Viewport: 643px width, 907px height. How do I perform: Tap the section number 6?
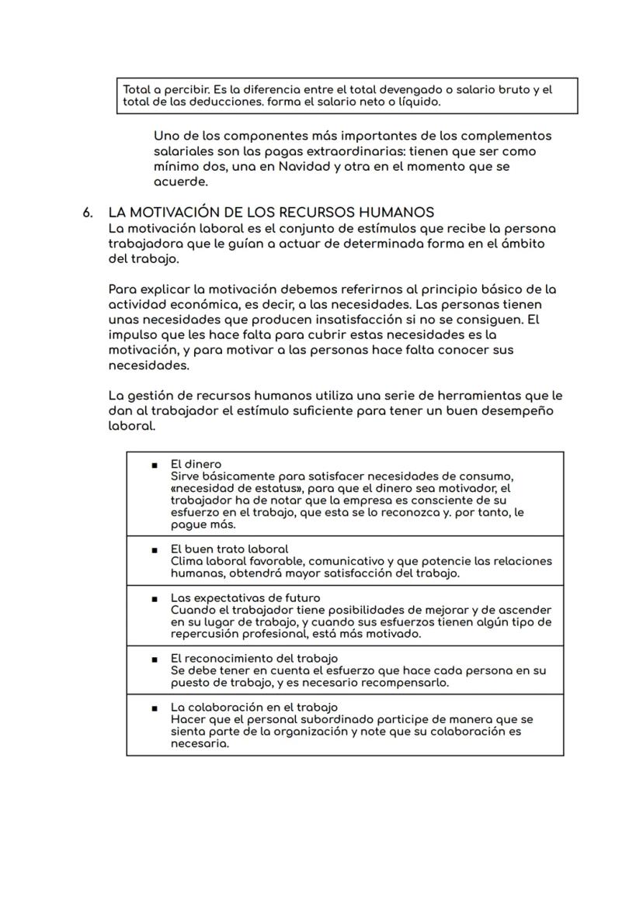pyautogui.click(x=89, y=213)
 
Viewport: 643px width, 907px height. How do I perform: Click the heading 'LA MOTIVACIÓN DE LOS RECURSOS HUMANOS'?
pyautogui.click(x=271, y=213)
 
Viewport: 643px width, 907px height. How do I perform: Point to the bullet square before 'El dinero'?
pyautogui.click(x=155, y=465)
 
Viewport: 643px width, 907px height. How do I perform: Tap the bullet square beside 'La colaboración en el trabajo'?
pyautogui.click(x=155, y=708)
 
